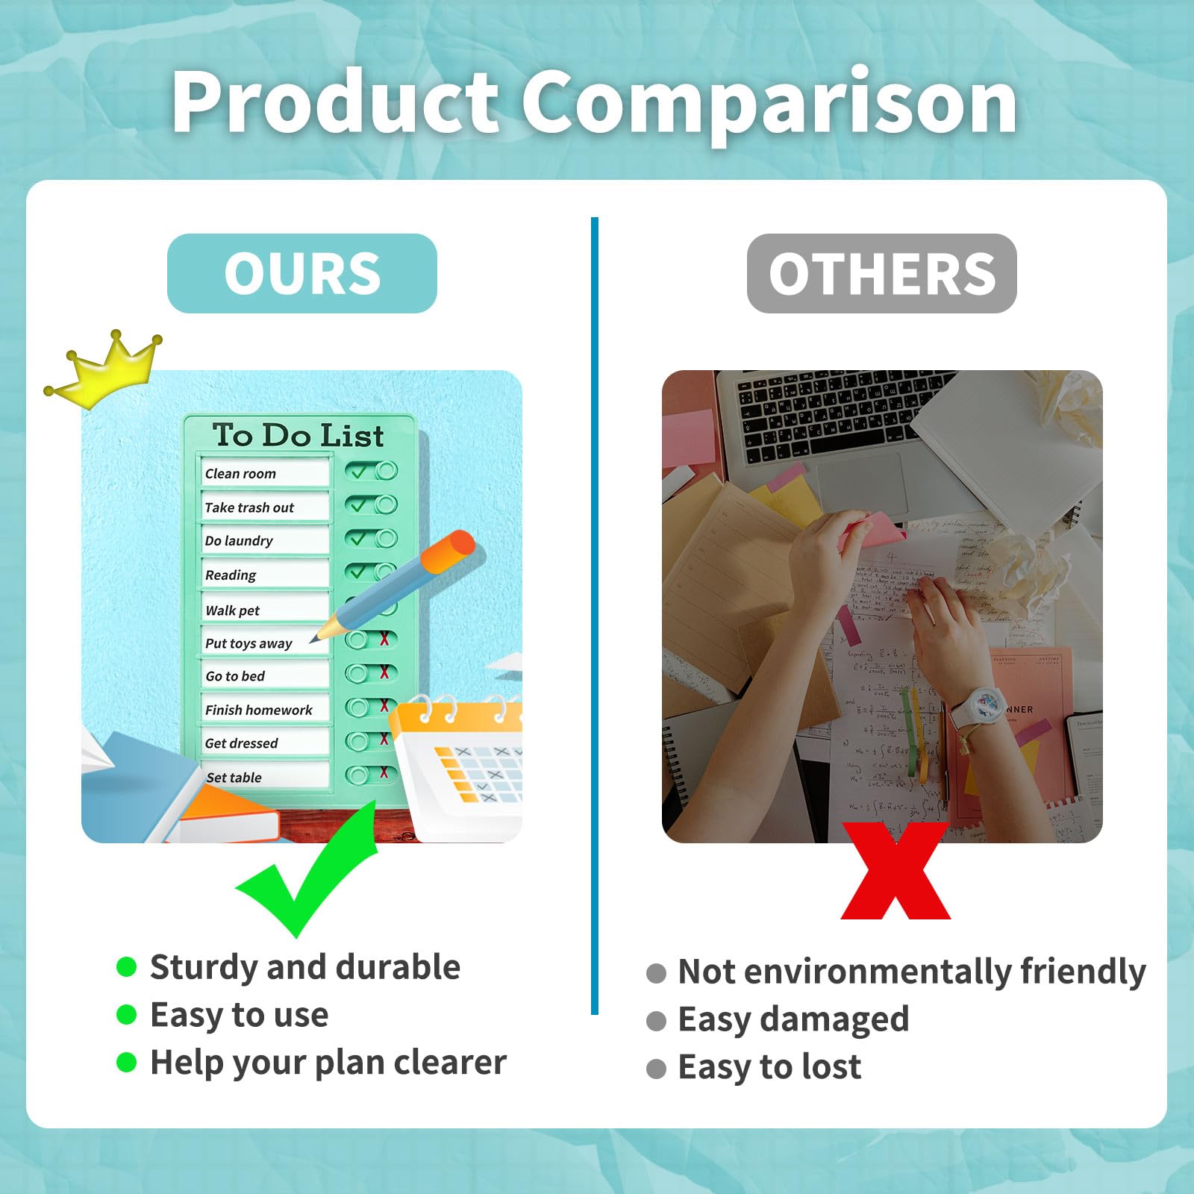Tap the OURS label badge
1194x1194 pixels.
(x=302, y=273)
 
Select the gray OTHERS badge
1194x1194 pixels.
(x=881, y=273)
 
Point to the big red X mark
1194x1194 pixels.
(x=895, y=871)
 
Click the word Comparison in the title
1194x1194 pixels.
(x=769, y=101)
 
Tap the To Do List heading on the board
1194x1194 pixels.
(x=298, y=435)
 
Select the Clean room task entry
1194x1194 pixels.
(x=265, y=473)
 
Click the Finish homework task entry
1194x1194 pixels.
(x=265, y=710)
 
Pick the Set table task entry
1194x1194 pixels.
(x=265, y=777)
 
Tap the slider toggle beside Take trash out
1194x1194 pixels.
(x=371, y=505)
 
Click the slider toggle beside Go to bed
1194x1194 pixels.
(x=371, y=673)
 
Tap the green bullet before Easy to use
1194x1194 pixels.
(x=127, y=1015)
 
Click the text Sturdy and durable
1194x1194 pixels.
(x=305, y=967)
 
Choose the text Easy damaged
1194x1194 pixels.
(x=793, y=1019)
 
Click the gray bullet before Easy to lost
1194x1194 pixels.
(x=656, y=1069)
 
